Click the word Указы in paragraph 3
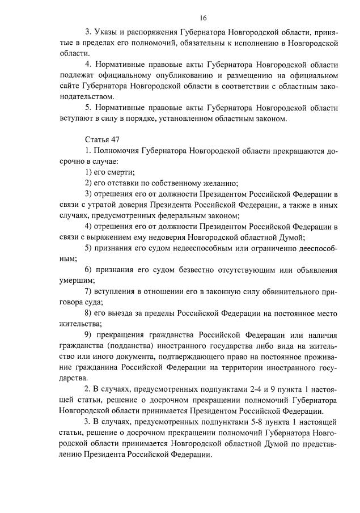tap(108, 31)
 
